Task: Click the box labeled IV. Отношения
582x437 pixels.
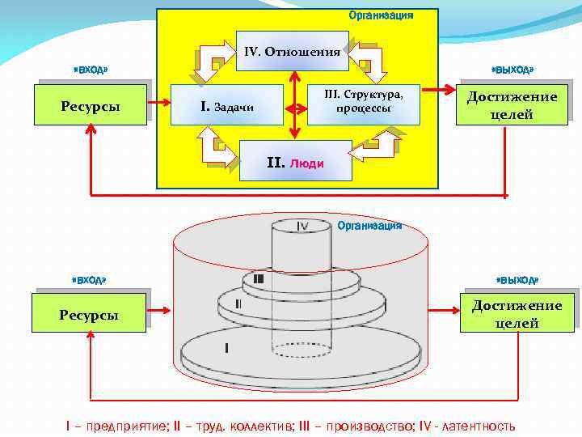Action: pos(292,53)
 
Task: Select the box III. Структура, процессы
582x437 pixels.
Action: pos(364,102)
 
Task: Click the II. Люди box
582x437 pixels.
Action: pos(296,162)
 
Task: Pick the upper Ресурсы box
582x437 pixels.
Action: pos(91,105)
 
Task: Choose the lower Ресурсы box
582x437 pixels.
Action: pos(89,313)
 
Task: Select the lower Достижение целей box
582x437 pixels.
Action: pos(517,313)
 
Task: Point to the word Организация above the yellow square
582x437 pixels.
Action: pos(381,15)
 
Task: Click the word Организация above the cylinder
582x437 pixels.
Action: pos(369,226)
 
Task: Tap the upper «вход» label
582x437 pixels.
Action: pos(90,70)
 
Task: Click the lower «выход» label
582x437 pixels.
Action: pos(517,280)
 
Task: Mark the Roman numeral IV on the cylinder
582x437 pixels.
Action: pos(302,226)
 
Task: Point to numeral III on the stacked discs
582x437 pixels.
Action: pos(258,279)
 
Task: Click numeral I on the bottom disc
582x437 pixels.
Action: pos(227,348)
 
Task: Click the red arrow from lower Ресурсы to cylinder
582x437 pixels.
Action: pos(159,308)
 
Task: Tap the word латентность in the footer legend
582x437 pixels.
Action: pos(475,426)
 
